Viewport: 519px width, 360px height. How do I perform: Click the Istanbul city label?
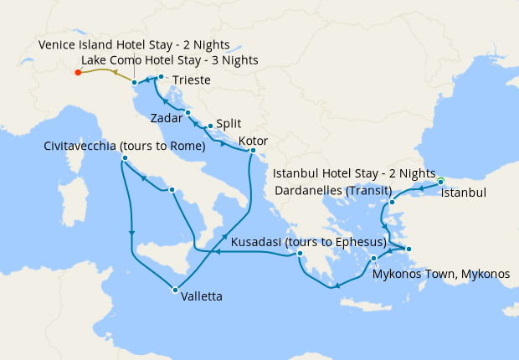coord(462,193)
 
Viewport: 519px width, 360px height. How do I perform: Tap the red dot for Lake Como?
coord(78,73)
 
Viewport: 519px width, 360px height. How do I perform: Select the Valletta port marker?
coord(175,290)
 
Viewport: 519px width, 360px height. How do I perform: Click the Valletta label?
coord(202,295)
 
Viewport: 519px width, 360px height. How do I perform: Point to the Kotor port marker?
coord(253,151)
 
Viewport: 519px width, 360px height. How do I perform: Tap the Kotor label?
coord(254,141)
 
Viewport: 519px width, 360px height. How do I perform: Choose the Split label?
coord(229,123)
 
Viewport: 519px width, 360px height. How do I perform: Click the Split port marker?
coord(210,126)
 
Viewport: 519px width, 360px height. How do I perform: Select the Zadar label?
coord(167,118)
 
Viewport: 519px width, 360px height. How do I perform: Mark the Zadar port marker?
coord(188,112)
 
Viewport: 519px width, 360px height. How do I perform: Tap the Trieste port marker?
coord(161,77)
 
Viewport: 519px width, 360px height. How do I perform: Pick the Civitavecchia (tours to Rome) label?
coord(125,147)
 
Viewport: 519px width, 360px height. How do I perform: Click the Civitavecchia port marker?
coord(124,158)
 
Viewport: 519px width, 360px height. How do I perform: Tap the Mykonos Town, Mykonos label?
coord(440,274)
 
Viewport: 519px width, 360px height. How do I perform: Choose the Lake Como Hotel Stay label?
coord(170,60)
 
